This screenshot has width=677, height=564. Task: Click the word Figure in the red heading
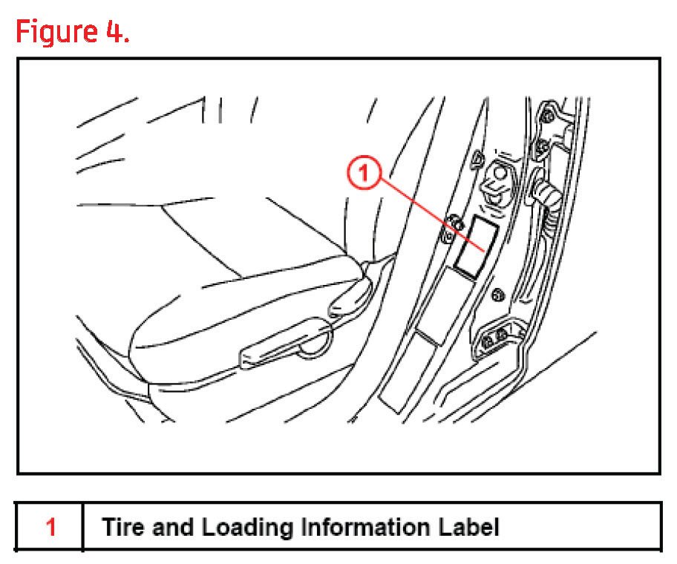60,32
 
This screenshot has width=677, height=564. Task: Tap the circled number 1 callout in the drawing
364,174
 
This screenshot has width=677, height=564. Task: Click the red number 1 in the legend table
50,528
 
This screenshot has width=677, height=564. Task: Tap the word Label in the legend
468,528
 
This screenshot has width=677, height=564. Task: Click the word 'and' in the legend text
169,528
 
